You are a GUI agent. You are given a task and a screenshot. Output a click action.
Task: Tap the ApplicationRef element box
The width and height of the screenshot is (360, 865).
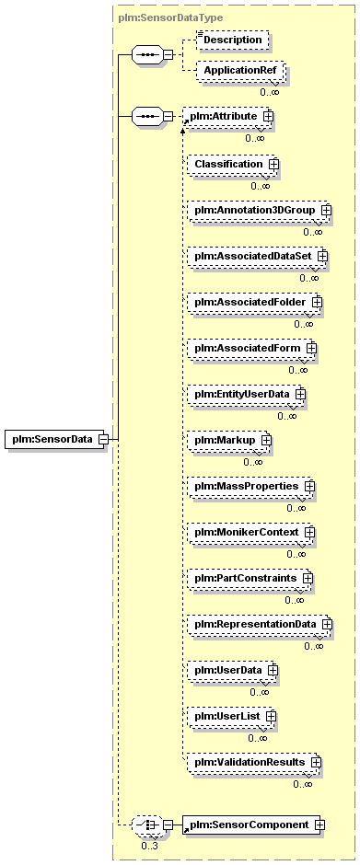[x=241, y=71]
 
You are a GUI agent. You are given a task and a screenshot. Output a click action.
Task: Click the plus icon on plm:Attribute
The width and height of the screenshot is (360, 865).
[x=268, y=116]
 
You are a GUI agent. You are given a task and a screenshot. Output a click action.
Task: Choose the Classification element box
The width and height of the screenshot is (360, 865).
[x=232, y=165]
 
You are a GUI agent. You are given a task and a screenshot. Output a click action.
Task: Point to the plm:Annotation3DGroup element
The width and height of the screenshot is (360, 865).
[x=258, y=211]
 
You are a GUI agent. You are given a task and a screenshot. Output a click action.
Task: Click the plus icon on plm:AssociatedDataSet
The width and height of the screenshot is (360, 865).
[x=322, y=257]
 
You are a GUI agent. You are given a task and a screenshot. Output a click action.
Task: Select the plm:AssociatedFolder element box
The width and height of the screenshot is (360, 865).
[x=253, y=303]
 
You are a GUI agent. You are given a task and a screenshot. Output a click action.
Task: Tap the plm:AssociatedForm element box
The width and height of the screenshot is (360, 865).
[x=250, y=349]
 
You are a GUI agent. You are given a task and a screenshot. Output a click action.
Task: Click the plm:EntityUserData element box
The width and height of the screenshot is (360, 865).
[x=246, y=395]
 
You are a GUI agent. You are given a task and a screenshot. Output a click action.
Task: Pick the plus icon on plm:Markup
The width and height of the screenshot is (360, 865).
[x=266, y=441]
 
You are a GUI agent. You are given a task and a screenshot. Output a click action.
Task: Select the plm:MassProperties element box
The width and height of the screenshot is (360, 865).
[x=250, y=487]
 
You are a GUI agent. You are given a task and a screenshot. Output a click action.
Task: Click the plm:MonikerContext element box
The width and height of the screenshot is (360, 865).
[x=250, y=533]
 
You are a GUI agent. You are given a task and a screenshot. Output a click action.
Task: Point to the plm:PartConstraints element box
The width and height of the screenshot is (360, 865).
[x=249, y=579]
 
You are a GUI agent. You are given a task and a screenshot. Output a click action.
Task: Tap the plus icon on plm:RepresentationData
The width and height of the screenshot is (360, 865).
[x=327, y=625]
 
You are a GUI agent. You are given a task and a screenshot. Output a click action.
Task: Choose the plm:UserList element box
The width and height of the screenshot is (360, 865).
[x=230, y=717]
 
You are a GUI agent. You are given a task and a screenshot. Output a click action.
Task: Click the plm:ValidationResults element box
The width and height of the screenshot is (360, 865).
[x=253, y=762]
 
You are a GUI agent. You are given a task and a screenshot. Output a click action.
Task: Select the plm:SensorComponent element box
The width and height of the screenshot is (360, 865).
[x=251, y=825]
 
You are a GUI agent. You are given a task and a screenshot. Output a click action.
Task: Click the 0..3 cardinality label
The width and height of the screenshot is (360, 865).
[x=148, y=846]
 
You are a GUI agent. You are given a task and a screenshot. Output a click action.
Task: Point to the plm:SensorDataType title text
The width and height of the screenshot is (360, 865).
[x=170, y=17]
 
